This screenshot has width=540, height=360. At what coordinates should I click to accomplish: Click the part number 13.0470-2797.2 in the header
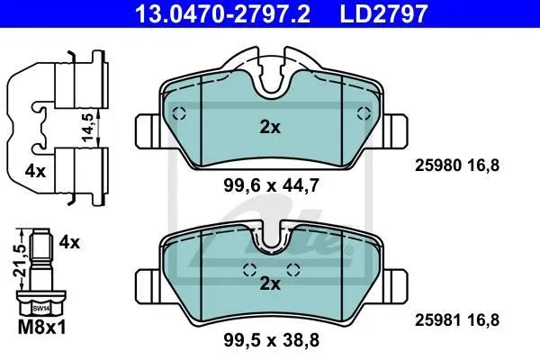(223, 13)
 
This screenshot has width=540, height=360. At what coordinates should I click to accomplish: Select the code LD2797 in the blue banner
(383, 13)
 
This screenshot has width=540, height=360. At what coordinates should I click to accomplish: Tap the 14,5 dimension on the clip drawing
(88, 127)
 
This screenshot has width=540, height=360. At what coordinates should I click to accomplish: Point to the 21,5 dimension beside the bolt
(19, 260)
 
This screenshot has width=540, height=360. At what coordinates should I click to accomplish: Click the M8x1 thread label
(41, 327)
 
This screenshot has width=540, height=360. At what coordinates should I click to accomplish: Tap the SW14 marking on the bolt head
(41, 309)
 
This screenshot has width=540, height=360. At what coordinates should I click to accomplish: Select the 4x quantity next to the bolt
(69, 242)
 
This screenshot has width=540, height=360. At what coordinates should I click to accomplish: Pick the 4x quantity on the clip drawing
(35, 171)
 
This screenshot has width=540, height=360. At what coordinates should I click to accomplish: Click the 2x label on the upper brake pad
(270, 127)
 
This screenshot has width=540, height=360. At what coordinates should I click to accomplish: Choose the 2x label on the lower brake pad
(270, 283)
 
